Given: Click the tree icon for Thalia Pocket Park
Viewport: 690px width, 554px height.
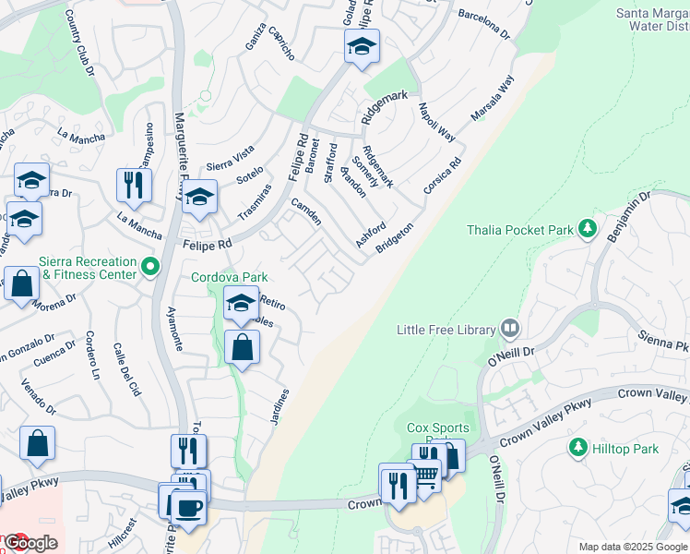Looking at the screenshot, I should click(586, 229).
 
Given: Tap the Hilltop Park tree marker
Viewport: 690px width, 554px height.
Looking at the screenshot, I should click(578, 448).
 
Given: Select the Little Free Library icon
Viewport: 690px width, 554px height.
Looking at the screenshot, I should click(509, 329).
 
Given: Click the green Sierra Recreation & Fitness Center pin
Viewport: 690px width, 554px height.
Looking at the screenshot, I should click(150, 268).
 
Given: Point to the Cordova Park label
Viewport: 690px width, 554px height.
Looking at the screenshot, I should click(229, 277).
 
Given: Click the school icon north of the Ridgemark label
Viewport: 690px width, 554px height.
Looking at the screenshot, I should click(362, 45).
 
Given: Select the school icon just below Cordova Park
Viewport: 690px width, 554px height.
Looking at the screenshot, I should click(241, 302).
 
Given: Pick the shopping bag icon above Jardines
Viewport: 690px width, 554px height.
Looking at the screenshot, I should click(242, 348).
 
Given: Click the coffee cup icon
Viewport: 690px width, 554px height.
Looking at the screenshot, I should click(188, 507).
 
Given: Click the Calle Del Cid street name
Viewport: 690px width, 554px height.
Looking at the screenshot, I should click(126, 370).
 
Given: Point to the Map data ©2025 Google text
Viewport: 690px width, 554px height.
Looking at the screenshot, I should click(632, 547).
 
